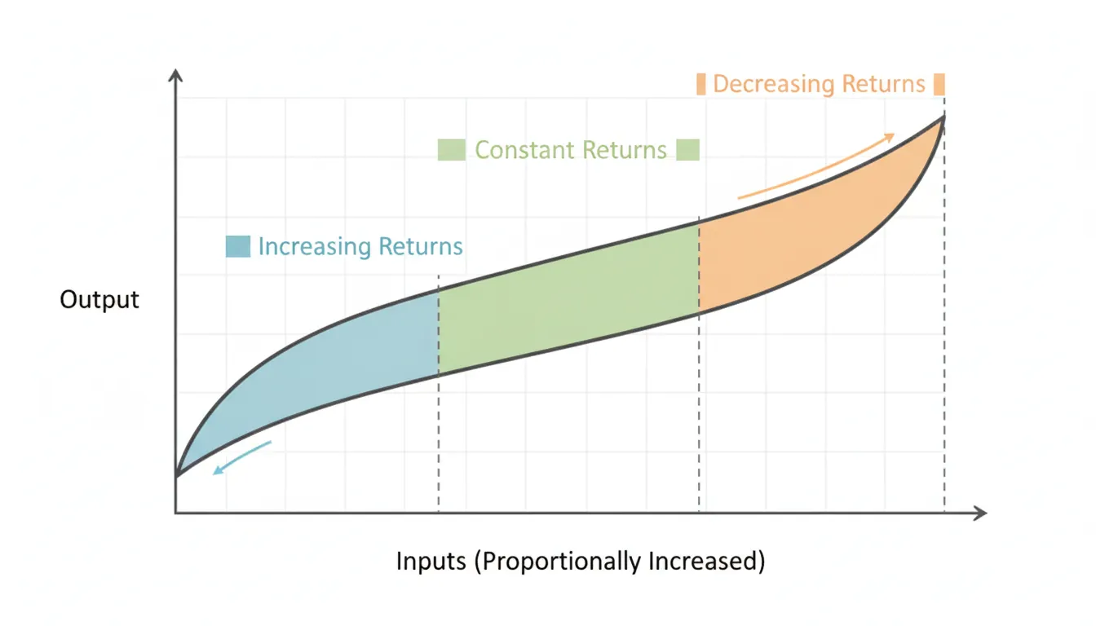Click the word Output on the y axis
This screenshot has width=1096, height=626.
point(99,299)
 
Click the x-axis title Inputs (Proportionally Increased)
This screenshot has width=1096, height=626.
point(580,562)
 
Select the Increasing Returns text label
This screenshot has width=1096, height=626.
point(360,246)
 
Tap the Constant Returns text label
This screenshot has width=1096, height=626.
point(570,150)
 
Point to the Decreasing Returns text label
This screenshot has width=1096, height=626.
point(819,84)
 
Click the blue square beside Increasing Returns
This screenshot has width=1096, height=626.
point(237,246)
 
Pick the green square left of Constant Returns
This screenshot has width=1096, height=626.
point(451,150)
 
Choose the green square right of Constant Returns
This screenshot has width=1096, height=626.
point(687,150)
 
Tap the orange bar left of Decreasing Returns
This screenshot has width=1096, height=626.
point(700,84)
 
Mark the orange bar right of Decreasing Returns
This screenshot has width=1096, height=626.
point(939,84)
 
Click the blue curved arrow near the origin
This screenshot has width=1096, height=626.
point(241,459)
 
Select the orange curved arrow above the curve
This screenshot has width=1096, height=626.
point(815,166)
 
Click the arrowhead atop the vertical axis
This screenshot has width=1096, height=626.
point(176,76)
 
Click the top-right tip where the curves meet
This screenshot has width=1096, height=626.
point(944,117)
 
